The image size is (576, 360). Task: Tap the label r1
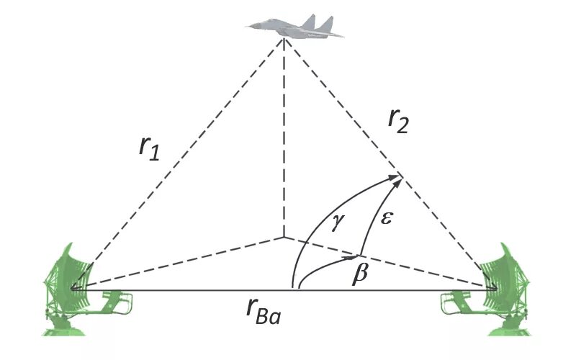(x=149, y=147)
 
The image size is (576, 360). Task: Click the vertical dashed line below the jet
(x=284, y=144)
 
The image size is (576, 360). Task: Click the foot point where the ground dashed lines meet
(x=284, y=236)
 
